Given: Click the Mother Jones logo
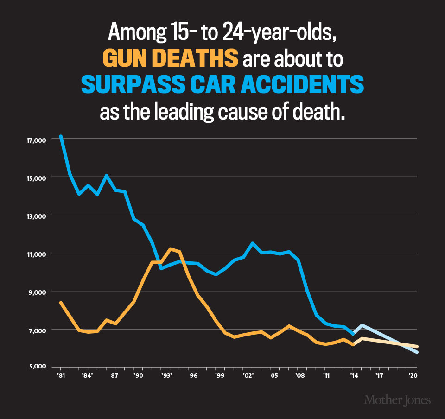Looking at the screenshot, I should pyautogui.click(x=397, y=400).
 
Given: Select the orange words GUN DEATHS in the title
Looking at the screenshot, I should pyautogui.click(x=170, y=60).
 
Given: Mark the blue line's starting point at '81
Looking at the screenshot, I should pyautogui.click(x=61, y=137).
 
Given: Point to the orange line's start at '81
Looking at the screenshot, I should pyautogui.click(x=61, y=303).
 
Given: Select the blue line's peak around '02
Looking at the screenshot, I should pyautogui.click(x=252, y=243).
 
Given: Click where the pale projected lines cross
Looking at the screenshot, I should pyautogui.click(x=400, y=343).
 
